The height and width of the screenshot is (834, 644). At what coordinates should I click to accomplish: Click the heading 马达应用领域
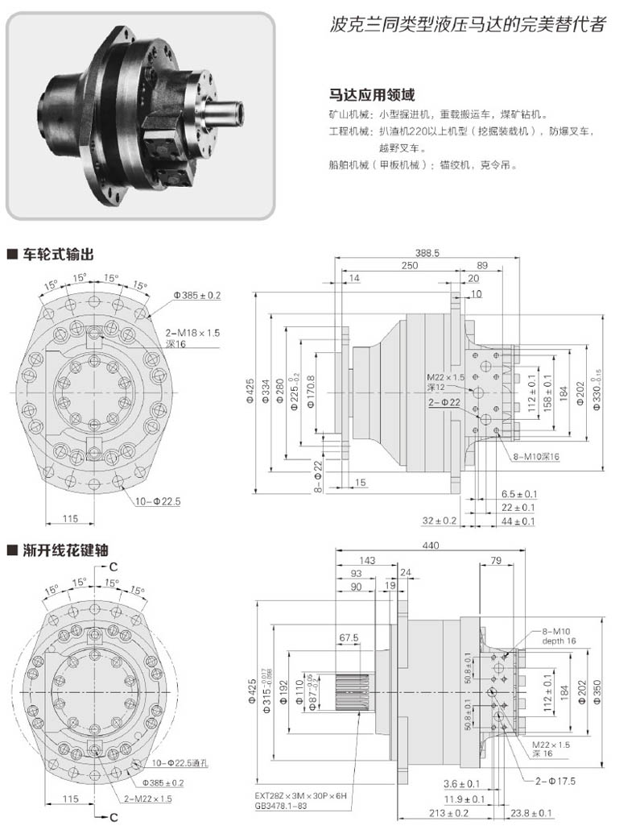[366, 93]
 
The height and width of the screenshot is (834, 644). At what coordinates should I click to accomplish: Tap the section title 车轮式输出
[56, 255]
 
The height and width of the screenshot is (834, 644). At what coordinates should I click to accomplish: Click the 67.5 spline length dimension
[349, 638]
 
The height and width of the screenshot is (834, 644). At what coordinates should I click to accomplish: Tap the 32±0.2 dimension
[440, 521]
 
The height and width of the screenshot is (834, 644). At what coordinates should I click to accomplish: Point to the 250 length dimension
[411, 265]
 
